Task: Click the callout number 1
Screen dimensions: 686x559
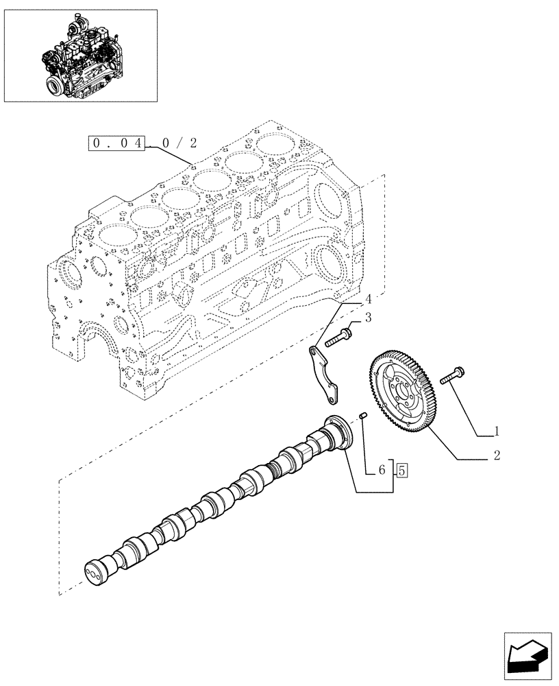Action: pyautogui.click(x=497, y=432)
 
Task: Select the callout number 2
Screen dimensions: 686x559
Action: pyautogui.click(x=497, y=455)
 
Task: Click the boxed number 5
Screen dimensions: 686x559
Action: pyautogui.click(x=402, y=471)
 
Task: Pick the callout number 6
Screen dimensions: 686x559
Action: pyautogui.click(x=382, y=471)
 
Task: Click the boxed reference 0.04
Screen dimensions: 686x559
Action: pyautogui.click(x=117, y=143)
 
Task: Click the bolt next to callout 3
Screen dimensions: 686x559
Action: pyautogui.click(x=338, y=338)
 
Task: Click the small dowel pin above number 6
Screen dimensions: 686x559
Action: pyautogui.click(x=365, y=416)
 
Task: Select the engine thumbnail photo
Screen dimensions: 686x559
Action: pyautogui.click(x=81, y=55)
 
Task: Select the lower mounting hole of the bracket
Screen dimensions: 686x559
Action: pyautogui.click(x=332, y=400)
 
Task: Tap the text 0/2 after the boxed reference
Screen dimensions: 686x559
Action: pyautogui.click(x=179, y=143)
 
